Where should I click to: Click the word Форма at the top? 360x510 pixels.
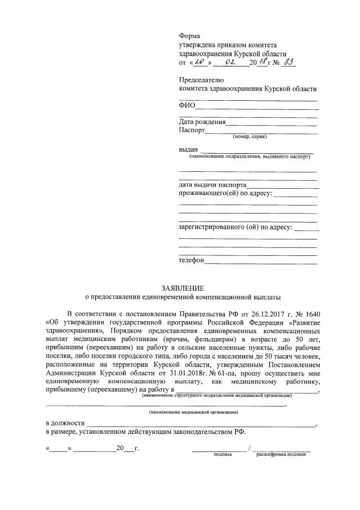189,36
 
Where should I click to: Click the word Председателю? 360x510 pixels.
201,79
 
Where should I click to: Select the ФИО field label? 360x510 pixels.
187,106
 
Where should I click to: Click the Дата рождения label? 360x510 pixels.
202,121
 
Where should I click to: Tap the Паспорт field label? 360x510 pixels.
192,130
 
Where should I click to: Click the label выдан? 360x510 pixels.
188,149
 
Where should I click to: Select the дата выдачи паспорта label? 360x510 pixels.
212,184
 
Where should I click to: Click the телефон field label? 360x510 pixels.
192,260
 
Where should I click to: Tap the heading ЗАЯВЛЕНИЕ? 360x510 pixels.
180,287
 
